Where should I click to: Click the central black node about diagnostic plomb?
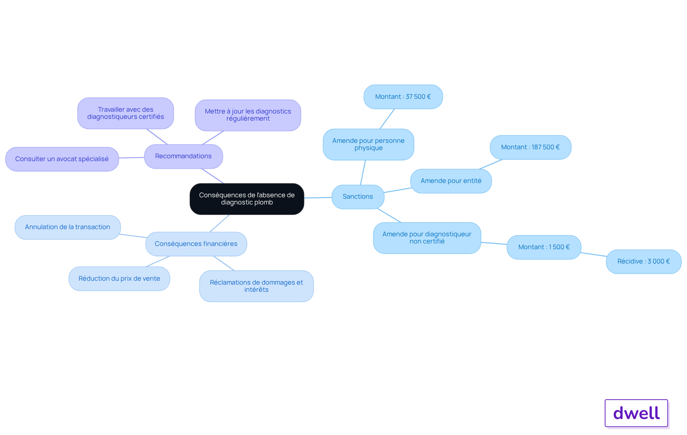[247, 199]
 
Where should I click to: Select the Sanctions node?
[358, 197]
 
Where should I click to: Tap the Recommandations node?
[184, 156]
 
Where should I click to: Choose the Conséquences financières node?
[196, 244]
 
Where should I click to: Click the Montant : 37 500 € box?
[403, 97]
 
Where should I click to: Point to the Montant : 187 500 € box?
[531, 147]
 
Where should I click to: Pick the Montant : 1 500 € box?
[544, 247]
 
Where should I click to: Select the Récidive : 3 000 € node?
[644, 261]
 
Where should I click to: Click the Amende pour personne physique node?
[369, 144]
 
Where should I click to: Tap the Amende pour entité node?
[451, 181]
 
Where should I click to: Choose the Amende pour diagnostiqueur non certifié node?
[427, 238]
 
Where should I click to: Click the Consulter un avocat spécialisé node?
[62, 159]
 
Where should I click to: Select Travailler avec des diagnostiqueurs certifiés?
[126, 113]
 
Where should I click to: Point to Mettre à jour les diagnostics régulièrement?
[248, 115]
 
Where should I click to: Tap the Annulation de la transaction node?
[68, 227]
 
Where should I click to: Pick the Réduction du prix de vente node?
[119, 279]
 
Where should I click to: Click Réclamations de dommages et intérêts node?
[257, 286]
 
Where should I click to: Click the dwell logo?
[636, 413]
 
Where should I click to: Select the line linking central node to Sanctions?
[318, 198]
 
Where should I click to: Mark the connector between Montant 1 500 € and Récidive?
[594, 255]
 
